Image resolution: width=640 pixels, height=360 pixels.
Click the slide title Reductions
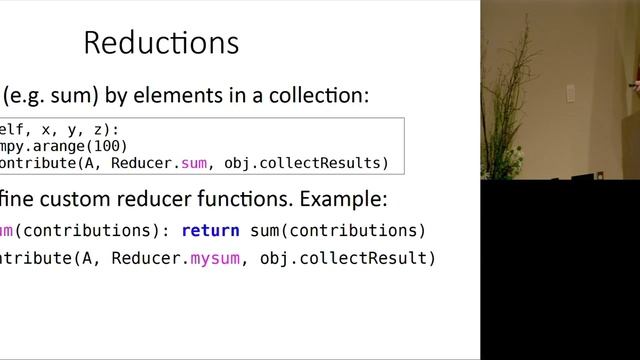161,44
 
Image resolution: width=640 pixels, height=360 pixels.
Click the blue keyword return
210,231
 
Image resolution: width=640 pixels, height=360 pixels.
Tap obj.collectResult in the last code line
348,259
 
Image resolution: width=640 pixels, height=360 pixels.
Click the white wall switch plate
570,93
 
